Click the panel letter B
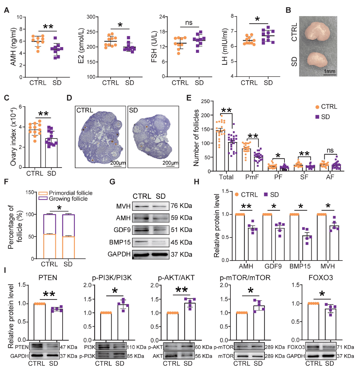[x=288, y=10]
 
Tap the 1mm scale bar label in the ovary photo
[x=329, y=71]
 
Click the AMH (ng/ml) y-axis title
[x=13, y=47]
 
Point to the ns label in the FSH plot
[x=189, y=23]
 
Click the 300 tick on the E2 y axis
[x=91, y=17]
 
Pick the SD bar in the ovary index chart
[x=51, y=153]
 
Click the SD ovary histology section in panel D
[x=153, y=137]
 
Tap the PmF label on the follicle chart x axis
[x=252, y=177]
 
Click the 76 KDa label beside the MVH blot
[x=181, y=206]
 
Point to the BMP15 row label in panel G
[x=120, y=242]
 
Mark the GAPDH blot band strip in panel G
[x=151, y=254]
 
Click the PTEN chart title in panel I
[x=48, y=278]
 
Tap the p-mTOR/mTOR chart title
[x=245, y=278]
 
